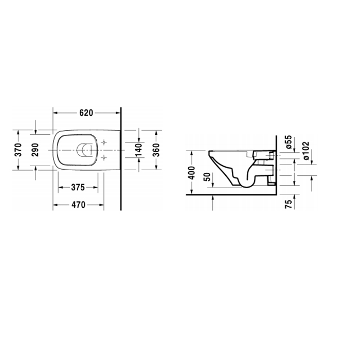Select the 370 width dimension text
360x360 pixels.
pos(18,150)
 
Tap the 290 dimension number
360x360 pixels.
pos(35,150)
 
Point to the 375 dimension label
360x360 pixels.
pos(78,187)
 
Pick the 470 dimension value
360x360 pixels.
pos(78,204)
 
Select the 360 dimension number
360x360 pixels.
pos(157,150)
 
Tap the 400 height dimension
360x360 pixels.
pos(192,173)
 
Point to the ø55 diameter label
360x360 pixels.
pos(289,142)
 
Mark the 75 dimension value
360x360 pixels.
pos(289,204)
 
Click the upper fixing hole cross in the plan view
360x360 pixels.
pos(104,142)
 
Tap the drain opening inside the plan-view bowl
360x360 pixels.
pos(84,150)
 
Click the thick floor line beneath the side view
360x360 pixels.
pos(231,195)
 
